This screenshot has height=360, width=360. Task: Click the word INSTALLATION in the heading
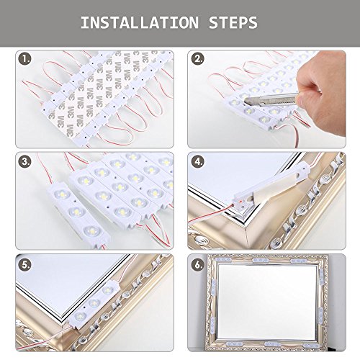(140, 23)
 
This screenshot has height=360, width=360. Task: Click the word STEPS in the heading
(233, 23)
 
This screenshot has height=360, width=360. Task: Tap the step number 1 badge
(25, 59)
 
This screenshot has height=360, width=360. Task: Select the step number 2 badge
(198, 59)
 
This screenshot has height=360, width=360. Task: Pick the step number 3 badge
(25, 161)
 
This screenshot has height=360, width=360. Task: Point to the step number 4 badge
(198, 161)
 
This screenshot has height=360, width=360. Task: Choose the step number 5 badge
(25, 265)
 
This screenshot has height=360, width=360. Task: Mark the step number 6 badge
(198, 265)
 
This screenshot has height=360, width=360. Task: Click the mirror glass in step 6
(267, 302)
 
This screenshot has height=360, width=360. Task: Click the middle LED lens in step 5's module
(94, 303)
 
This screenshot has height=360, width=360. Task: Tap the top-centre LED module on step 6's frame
(260, 260)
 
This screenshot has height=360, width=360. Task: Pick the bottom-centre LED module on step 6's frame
(272, 344)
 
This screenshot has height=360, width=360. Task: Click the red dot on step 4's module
(240, 202)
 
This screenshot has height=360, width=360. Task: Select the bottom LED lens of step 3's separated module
(91, 231)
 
